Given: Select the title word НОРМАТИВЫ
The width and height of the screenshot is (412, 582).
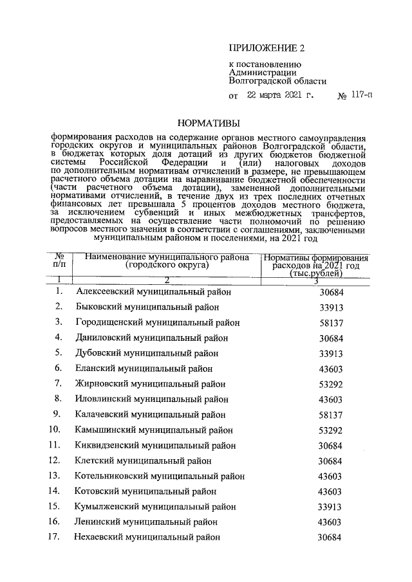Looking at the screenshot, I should [207, 122].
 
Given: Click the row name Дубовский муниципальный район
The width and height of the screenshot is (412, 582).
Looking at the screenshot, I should [146, 353].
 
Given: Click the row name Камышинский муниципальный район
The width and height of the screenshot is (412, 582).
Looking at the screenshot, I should [154, 430].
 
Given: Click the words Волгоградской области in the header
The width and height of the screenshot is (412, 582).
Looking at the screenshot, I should [277, 81].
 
